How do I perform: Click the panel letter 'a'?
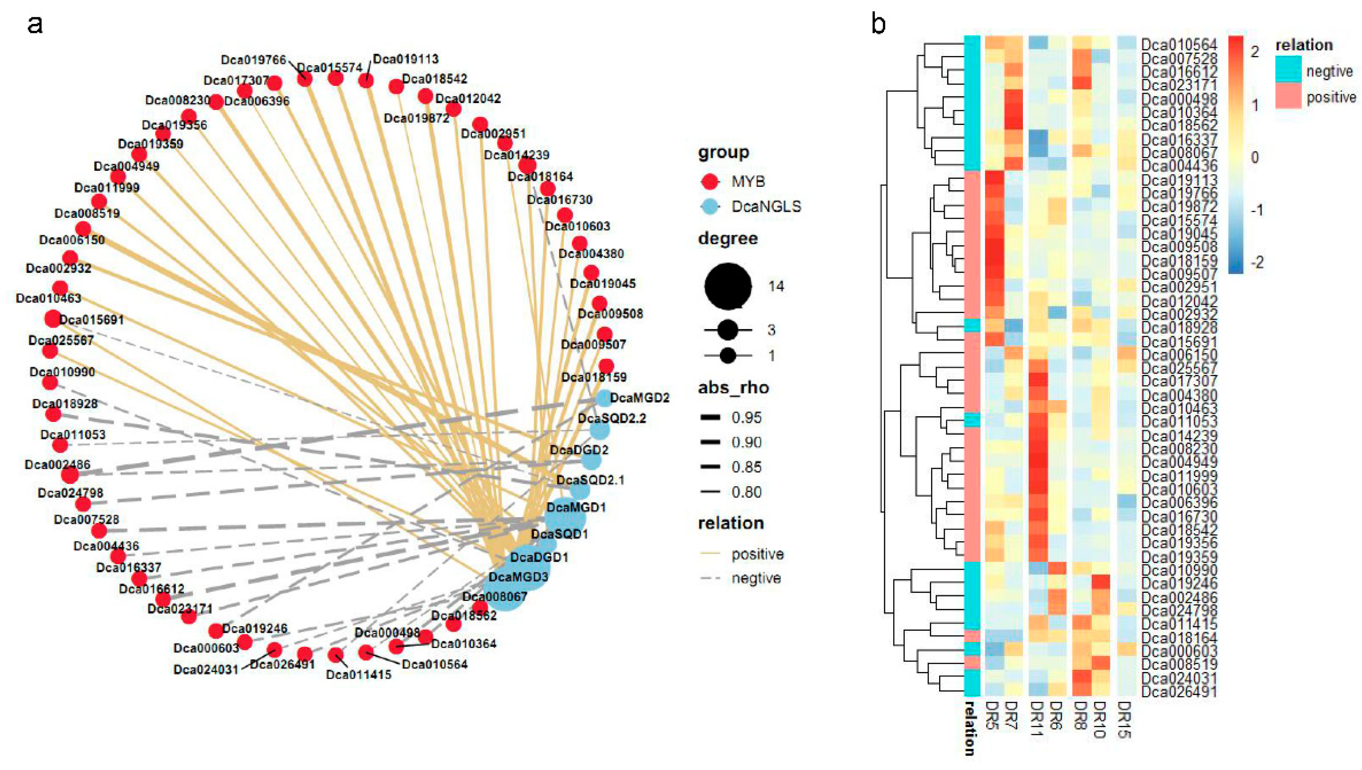35,24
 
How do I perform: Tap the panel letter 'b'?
878,24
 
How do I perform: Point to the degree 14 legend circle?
727,286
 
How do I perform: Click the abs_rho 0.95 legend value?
746,418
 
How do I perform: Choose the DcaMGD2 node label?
639,398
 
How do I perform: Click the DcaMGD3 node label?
518,576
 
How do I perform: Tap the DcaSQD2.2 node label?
611,419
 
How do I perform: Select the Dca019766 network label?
253,60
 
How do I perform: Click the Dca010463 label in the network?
49,298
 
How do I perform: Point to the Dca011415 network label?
358,675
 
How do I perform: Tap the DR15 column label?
1125,719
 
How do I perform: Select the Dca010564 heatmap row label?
1179,45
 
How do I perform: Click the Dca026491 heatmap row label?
1179,692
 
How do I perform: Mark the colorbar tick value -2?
1256,262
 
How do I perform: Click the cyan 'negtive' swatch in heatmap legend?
1288,71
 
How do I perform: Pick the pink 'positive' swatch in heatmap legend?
1288,97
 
